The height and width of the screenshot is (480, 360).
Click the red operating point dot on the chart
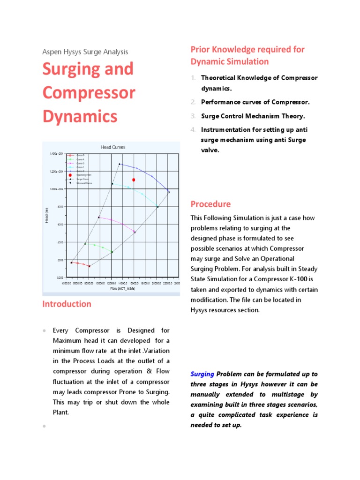click(134, 180)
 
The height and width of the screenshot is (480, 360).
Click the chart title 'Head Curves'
click(113, 147)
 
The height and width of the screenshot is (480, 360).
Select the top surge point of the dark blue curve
click(120, 164)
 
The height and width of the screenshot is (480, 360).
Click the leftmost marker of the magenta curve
click(98, 217)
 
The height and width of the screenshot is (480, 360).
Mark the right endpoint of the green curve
click(112, 252)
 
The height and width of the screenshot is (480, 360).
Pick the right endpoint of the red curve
click(89, 266)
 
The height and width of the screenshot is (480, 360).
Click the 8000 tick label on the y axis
click(60, 207)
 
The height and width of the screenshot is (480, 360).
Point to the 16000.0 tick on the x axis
click(134, 283)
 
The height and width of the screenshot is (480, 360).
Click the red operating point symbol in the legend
click(70, 175)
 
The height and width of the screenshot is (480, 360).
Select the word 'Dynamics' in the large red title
click(80, 115)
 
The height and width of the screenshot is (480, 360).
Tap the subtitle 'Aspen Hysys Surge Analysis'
click(85, 52)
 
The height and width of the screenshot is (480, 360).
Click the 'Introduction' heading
click(67, 304)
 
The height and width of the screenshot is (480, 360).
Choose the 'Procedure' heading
click(210, 204)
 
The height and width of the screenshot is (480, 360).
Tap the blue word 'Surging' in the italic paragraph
click(202, 374)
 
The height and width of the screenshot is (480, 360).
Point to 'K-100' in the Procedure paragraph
click(303, 279)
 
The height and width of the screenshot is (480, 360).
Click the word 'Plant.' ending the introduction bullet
click(61, 412)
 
